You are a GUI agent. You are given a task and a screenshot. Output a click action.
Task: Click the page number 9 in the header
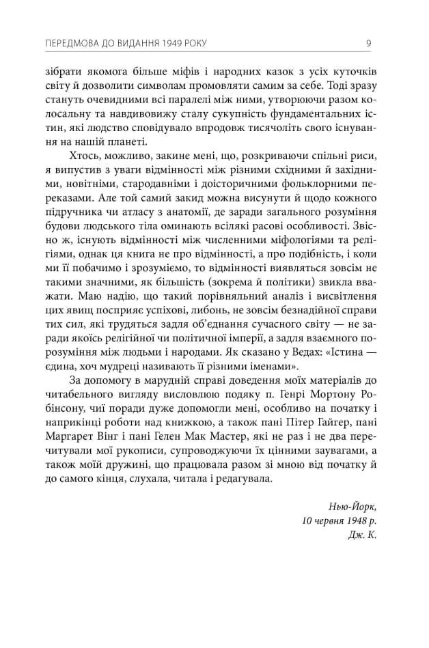click(368, 44)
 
